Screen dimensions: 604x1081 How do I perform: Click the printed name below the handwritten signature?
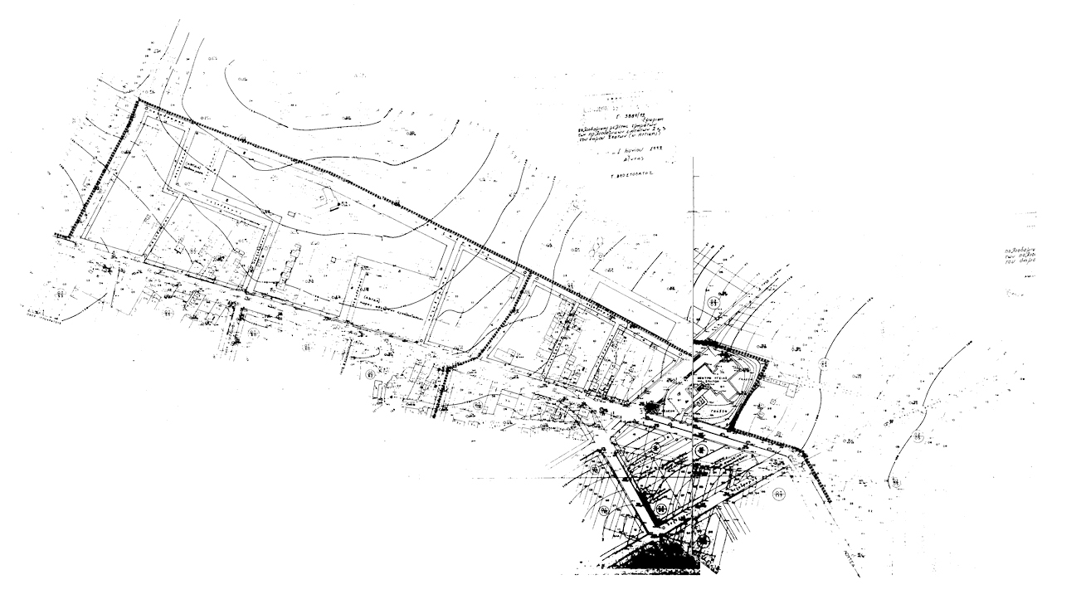tap(637, 177)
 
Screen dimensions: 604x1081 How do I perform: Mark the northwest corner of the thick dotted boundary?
tap(139, 101)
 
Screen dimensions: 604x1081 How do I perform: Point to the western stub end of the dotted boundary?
tap(58, 236)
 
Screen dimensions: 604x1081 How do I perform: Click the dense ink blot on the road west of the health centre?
tap(650, 407)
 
